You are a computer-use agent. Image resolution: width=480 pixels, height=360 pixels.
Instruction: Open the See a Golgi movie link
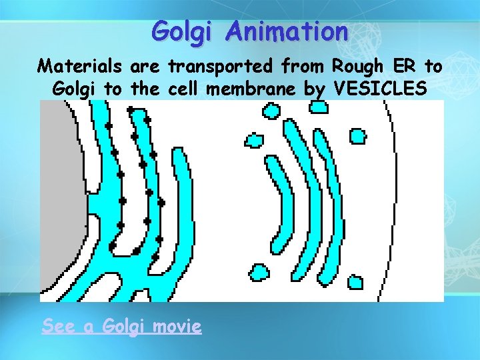[121, 326]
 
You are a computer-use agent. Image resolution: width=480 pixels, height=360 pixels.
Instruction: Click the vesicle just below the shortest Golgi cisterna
[259, 273]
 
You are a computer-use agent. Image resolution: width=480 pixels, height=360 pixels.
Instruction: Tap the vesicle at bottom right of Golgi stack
[354, 283]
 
